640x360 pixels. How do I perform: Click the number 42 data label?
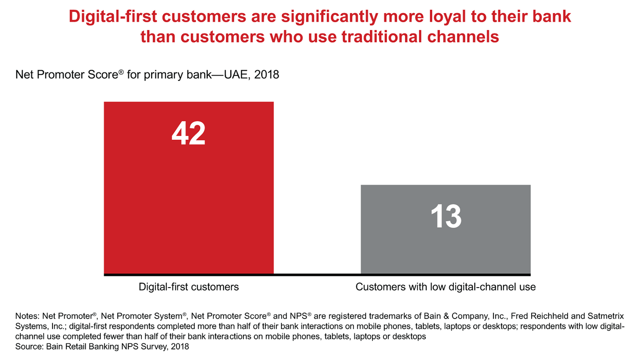pos(188,133)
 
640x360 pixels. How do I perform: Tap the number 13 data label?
pos(445,216)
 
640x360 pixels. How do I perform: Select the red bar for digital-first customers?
pos(188,200)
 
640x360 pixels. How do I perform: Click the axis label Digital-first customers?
pos(188,287)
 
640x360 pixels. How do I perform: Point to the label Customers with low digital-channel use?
pos(445,287)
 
